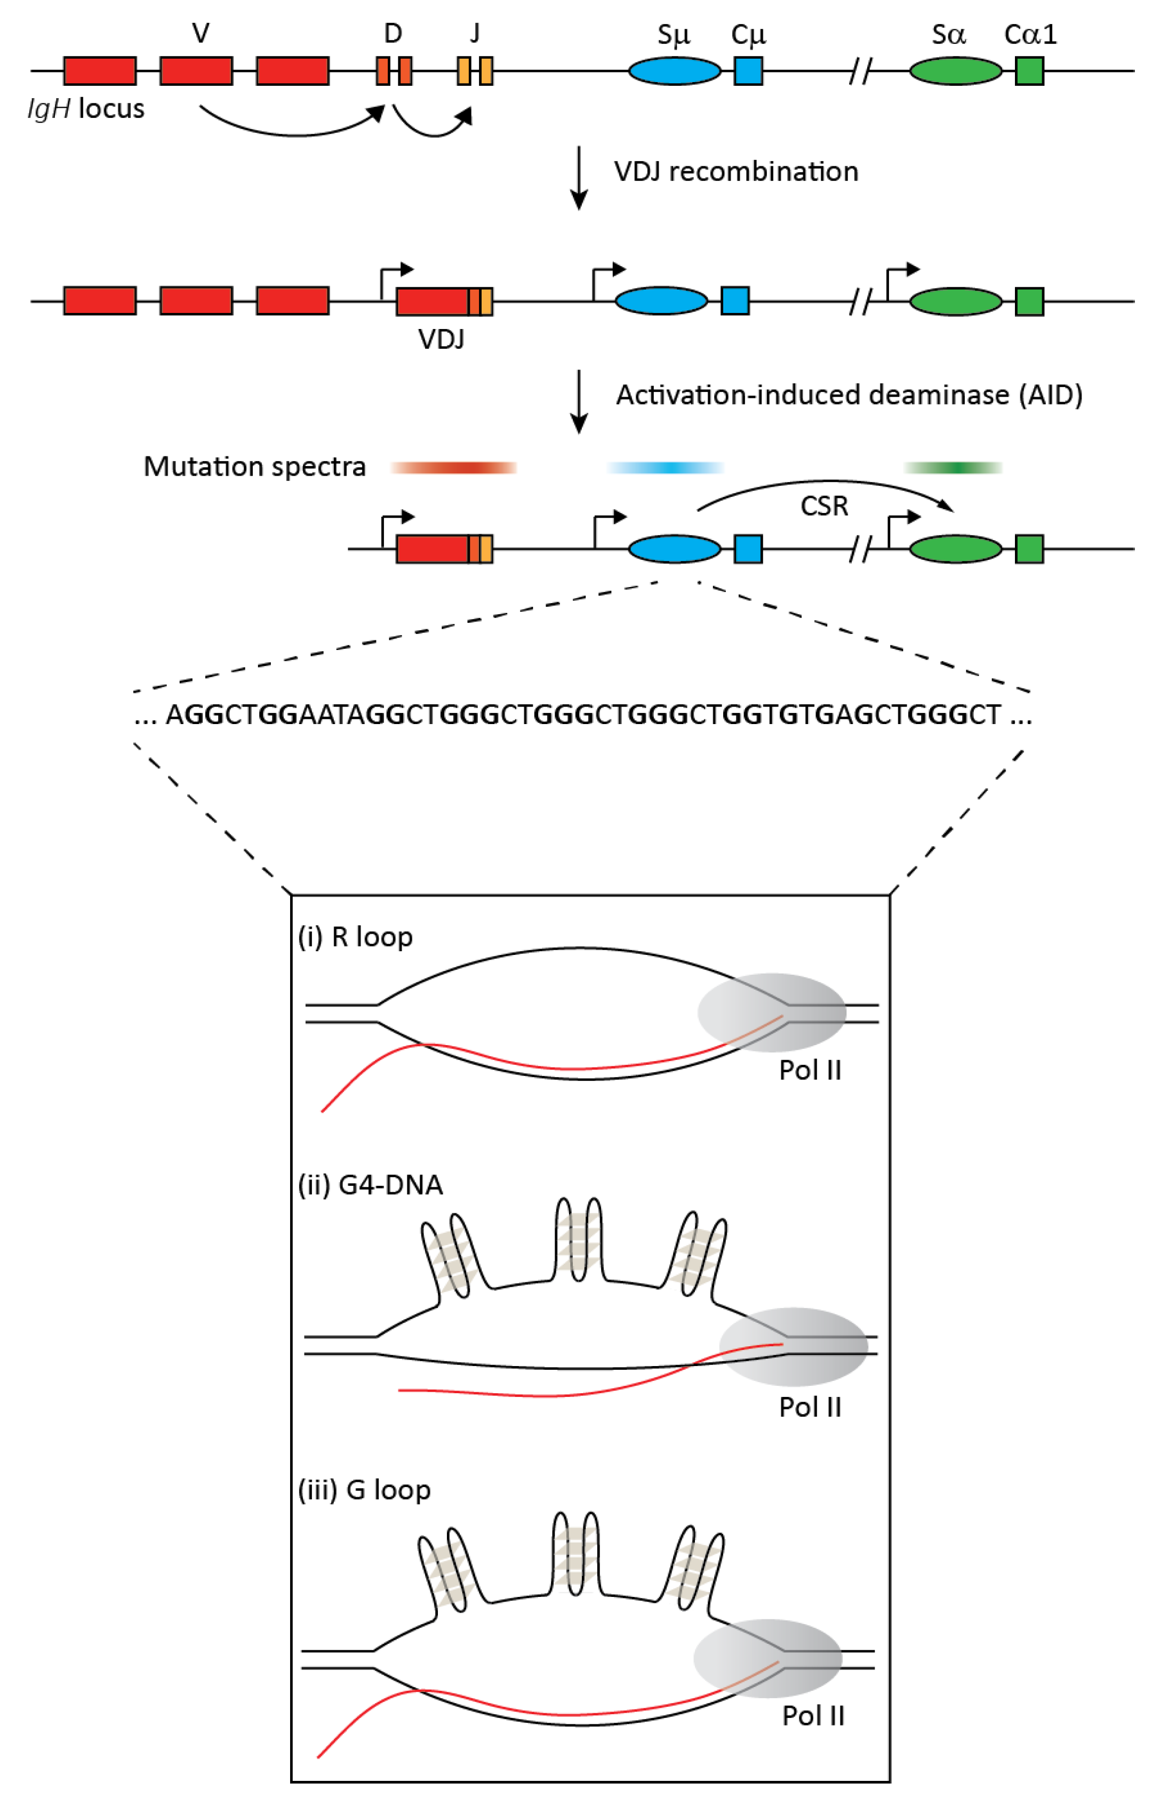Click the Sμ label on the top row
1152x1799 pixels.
(x=673, y=35)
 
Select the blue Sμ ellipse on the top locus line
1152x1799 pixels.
(x=674, y=71)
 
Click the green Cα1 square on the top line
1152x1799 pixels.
(x=1029, y=71)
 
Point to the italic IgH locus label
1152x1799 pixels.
(x=86, y=109)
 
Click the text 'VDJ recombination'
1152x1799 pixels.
(x=735, y=172)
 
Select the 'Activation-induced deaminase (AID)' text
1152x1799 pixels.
(x=849, y=395)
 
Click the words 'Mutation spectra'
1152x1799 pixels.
(x=254, y=467)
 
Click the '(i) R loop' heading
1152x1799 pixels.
(x=355, y=937)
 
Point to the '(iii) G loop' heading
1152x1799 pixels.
(x=364, y=1490)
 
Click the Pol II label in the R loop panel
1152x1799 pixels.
(x=810, y=1071)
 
